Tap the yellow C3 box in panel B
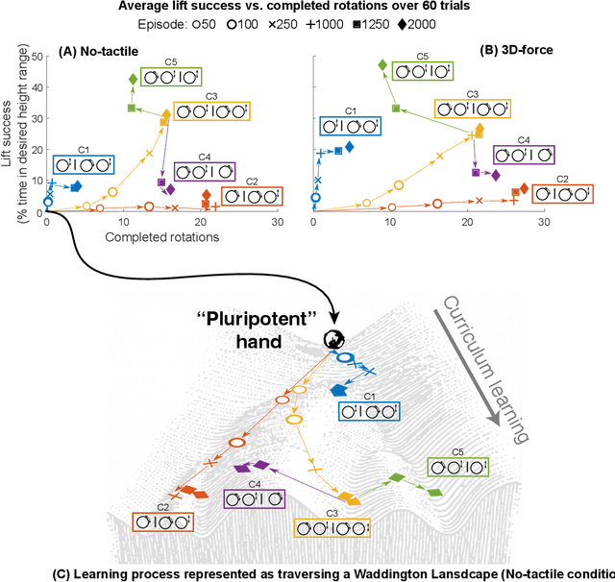[471, 109]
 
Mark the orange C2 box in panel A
[252, 195]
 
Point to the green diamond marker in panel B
[381, 65]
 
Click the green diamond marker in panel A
[133, 79]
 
